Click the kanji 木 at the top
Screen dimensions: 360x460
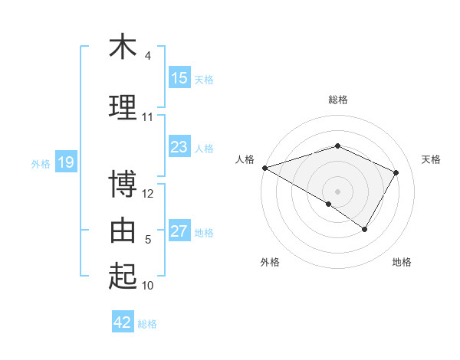click(x=123, y=47)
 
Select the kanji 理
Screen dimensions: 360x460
click(x=123, y=107)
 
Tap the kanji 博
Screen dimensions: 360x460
click(x=123, y=185)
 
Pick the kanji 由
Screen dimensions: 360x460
click(x=123, y=230)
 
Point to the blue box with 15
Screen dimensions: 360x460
click(x=179, y=78)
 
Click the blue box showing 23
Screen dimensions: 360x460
click(x=179, y=147)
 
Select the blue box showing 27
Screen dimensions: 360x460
click(x=179, y=232)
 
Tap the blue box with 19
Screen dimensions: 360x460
click(x=65, y=162)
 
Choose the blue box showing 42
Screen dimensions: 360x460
click(x=123, y=322)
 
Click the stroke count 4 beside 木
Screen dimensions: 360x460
click(x=148, y=56)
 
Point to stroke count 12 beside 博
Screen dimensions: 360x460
click(x=148, y=194)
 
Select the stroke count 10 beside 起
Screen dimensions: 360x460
click(x=148, y=286)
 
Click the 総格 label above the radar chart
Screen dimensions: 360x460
click(x=337, y=100)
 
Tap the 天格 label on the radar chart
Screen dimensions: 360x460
click(x=431, y=159)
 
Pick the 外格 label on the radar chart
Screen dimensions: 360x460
click(x=270, y=262)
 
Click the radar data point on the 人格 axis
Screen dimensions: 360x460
click(x=264, y=168)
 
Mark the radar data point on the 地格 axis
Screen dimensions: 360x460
click(x=365, y=229)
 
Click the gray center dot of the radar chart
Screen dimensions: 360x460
click(x=337, y=191)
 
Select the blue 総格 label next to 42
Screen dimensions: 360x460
click(x=147, y=324)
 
